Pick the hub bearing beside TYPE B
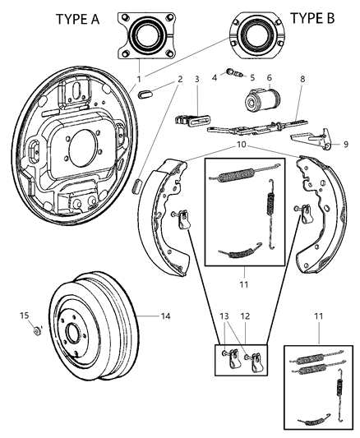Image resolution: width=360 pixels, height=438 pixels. click(x=254, y=36)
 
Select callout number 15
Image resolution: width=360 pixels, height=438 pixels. click(x=25, y=315)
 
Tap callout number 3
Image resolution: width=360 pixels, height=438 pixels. click(x=196, y=79)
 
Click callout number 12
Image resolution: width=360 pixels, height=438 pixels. click(x=244, y=316)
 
